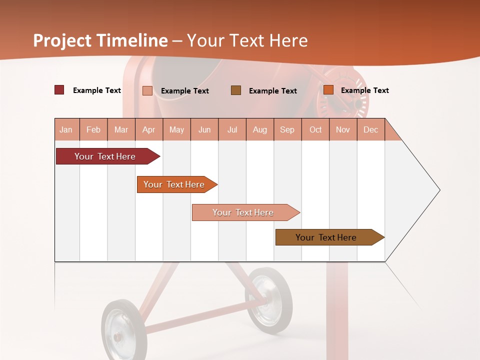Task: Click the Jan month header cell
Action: [66, 129]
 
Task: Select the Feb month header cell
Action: [93, 129]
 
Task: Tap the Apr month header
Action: [149, 129]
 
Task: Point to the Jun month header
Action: [204, 129]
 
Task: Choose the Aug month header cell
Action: [260, 129]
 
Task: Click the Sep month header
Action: [287, 129]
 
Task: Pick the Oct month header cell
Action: [315, 129]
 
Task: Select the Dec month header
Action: [371, 129]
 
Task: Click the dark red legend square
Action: [59, 90]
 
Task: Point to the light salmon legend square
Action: [147, 90]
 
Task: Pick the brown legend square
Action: [236, 90]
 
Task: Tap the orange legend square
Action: [328, 90]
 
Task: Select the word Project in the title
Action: [62, 40]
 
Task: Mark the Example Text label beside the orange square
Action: [364, 90]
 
